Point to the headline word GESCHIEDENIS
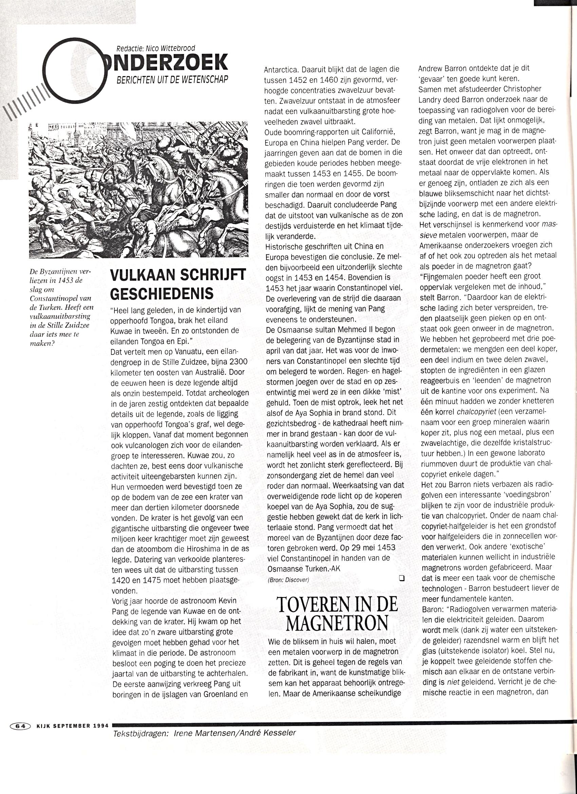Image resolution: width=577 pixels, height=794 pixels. pos(162,293)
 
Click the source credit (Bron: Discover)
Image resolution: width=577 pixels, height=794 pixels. pos(288,580)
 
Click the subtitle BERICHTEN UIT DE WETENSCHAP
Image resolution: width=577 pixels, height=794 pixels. pos(172,80)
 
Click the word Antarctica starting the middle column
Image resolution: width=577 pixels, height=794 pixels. pos(282,69)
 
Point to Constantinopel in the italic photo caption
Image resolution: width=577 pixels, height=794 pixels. pos(60,298)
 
